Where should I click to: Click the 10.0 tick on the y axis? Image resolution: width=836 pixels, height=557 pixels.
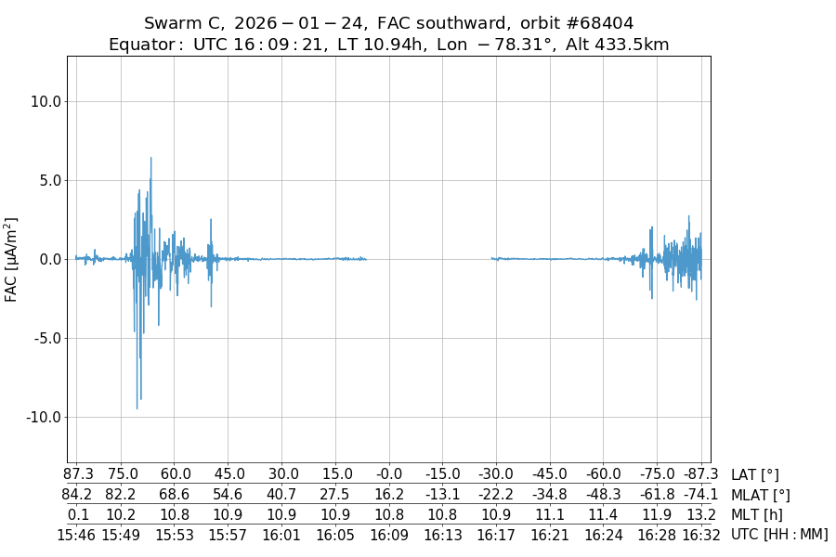click(x=46, y=101)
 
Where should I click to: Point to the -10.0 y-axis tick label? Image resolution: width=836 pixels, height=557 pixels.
click(x=43, y=417)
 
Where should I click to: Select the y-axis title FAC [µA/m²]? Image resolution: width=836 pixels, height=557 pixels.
click(x=11, y=259)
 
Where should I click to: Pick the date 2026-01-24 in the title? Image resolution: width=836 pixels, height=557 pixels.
click(x=307, y=23)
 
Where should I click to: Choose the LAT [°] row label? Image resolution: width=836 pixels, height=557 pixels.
click(x=755, y=475)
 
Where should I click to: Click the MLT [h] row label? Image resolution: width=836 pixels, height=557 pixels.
click(x=756, y=514)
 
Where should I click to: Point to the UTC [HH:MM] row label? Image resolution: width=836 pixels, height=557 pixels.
click(x=779, y=534)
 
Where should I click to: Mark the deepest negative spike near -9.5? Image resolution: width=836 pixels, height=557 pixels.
click(x=137, y=408)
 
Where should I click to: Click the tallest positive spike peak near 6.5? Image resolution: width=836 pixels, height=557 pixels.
click(x=150, y=158)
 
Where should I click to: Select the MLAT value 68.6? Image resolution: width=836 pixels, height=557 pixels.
click(x=175, y=495)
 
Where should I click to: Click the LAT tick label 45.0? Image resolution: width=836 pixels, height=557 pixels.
click(x=229, y=475)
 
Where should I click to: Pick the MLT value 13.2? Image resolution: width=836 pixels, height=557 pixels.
click(x=701, y=514)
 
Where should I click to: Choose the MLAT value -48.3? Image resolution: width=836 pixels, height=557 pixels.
click(x=603, y=495)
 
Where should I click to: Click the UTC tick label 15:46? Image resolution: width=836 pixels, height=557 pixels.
click(x=77, y=534)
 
